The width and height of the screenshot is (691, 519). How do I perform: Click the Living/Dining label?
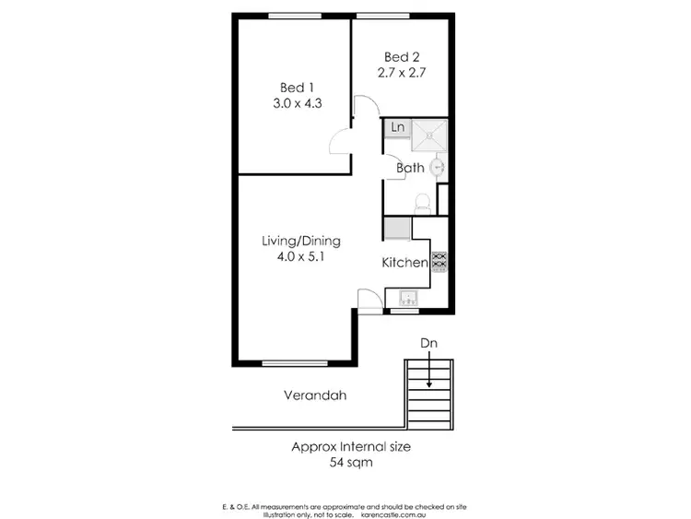tap(301, 242)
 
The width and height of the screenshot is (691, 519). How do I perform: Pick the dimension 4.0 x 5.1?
tap(301, 258)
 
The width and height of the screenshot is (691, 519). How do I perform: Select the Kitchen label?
tap(404, 263)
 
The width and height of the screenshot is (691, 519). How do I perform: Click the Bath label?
tap(410, 168)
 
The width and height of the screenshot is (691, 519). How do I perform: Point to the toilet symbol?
tap(423, 201)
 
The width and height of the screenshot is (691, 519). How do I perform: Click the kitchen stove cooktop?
tap(439, 262)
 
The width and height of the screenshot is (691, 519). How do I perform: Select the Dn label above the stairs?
tap(428, 343)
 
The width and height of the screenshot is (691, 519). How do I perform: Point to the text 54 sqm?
tap(351, 464)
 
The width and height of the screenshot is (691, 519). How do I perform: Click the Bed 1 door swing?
tap(341, 141)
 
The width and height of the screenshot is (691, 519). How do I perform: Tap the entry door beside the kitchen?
tap(369, 300)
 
